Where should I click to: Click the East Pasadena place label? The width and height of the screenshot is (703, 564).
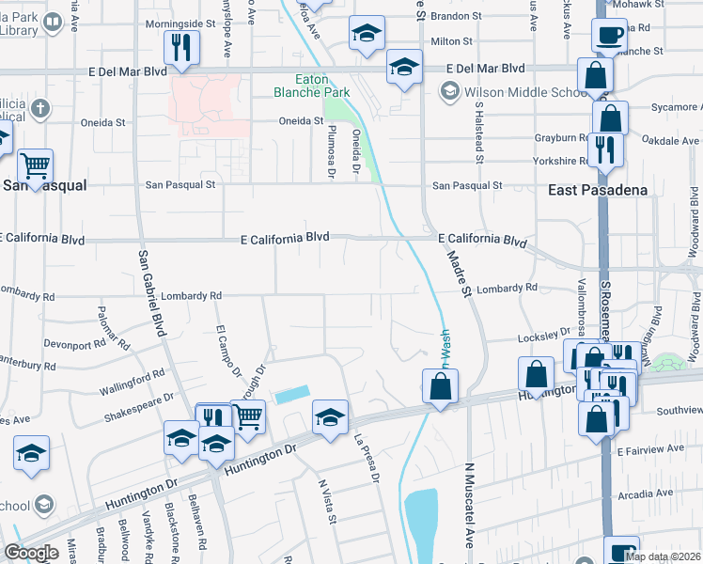tap(598, 190)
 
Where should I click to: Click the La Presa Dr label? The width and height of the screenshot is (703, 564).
tap(366, 458)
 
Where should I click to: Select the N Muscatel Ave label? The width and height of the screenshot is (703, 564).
tap(469, 505)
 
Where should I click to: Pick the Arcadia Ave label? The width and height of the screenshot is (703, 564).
tap(645, 493)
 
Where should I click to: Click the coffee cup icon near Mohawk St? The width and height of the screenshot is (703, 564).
tap(609, 36)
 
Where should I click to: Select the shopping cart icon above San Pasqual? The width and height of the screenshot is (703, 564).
tap(35, 166)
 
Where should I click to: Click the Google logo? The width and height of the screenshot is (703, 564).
tap(31, 553)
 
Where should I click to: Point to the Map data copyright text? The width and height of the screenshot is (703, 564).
tap(663, 556)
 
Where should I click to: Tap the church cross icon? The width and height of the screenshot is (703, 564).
tap(39, 108)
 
